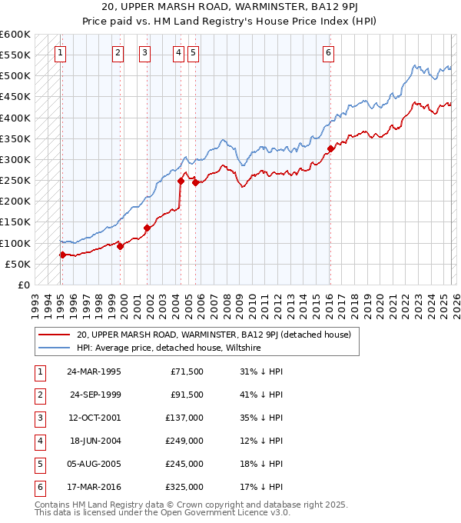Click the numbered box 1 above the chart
[60, 52]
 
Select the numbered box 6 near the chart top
[328, 52]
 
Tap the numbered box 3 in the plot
[144, 52]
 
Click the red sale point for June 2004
[181, 181]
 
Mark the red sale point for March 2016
[330, 149]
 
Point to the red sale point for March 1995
[62, 255]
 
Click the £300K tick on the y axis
[15, 159]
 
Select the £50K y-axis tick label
[18, 264]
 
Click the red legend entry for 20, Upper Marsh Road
[214, 335]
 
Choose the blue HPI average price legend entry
[168, 348]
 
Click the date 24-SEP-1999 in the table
[95, 395]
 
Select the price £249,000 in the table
[184, 441]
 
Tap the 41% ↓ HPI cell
[261, 395]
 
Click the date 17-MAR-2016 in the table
[95, 487]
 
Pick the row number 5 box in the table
[38, 464]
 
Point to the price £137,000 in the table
[184, 418]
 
